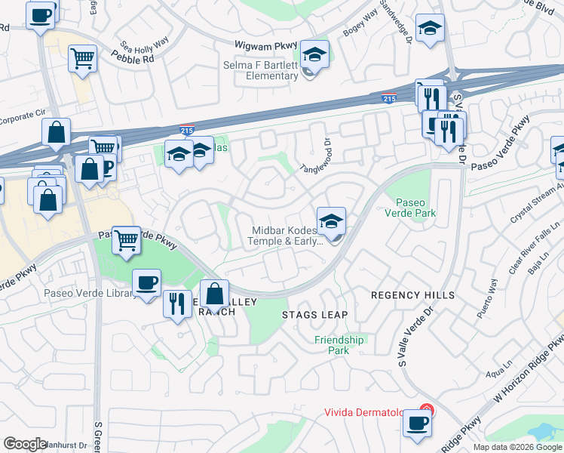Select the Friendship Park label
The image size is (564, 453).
339,345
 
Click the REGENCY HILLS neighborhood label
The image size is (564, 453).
413,294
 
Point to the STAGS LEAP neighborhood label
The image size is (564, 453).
314,314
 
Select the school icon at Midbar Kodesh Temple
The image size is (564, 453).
331,221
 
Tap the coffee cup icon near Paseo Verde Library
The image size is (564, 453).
146,283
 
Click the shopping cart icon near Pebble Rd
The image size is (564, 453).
83,59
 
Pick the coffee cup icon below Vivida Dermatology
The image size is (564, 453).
416,423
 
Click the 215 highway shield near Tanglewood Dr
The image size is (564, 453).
187,130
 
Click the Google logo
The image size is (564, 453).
25,444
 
